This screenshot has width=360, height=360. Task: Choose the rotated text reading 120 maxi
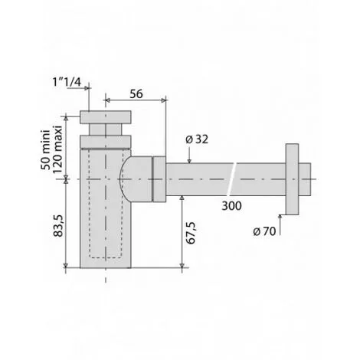click(x=57, y=152)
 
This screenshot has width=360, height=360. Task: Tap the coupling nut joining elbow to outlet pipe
click(x=159, y=179)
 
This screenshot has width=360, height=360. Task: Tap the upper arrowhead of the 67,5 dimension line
click(x=182, y=198)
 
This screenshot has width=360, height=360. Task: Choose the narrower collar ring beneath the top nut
click(x=105, y=139)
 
